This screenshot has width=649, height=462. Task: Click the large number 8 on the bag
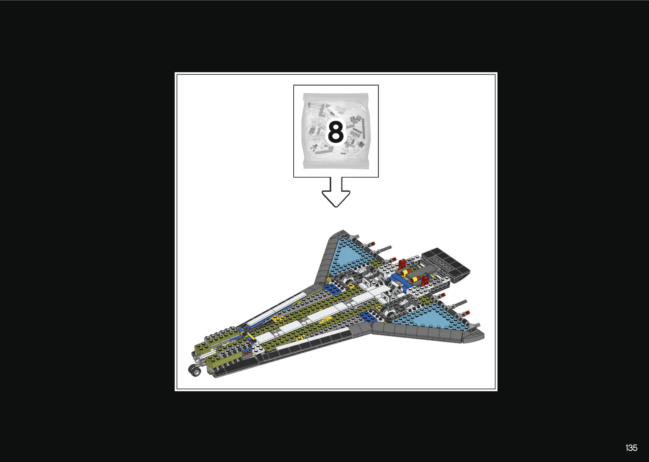pos(336,131)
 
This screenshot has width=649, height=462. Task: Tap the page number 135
pos(631,448)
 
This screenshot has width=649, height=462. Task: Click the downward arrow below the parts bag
pos(336,192)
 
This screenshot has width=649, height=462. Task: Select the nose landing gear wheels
pos(195,371)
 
